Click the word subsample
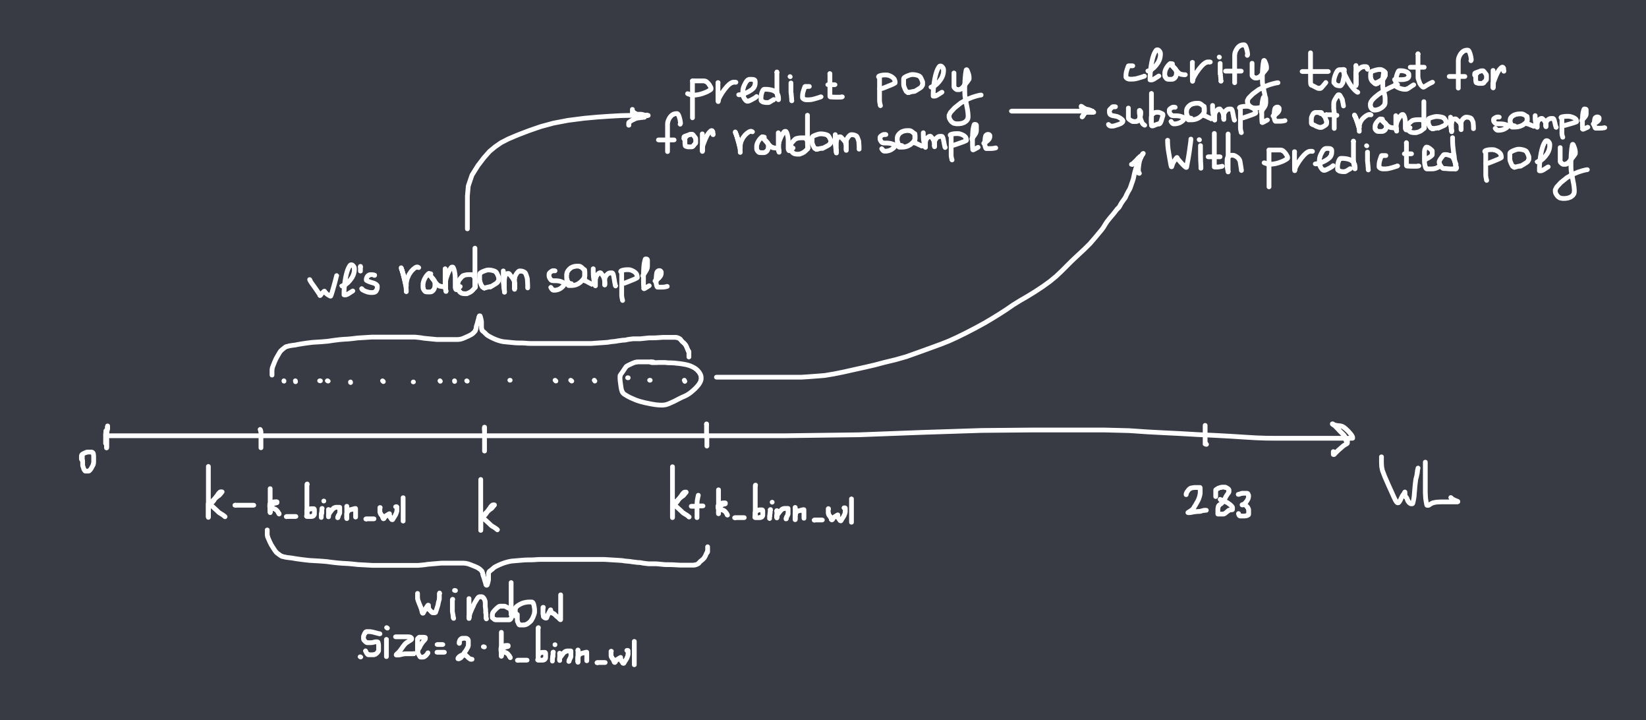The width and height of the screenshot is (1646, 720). click(x=1197, y=117)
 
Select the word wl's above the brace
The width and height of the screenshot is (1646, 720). click(x=343, y=287)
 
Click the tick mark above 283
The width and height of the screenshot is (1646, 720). click(x=1205, y=435)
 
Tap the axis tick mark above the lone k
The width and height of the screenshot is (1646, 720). click(x=484, y=438)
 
